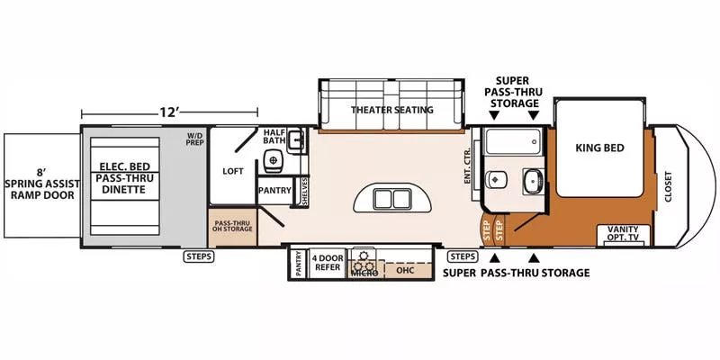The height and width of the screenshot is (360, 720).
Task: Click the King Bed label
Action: [x=599, y=147]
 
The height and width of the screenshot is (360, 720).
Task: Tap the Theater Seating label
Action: [x=392, y=110]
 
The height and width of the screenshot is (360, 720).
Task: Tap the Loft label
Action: [x=233, y=170]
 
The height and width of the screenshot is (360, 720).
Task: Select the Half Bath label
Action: [x=274, y=138]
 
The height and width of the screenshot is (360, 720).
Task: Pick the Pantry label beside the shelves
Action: [x=274, y=191]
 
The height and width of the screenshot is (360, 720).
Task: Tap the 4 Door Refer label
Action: [x=328, y=262]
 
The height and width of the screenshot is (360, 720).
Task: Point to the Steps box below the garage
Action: [x=199, y=256]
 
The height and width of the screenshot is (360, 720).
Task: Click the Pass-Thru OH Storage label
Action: [x=232, y=225]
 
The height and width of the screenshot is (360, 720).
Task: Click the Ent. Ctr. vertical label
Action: [x=468, y=167]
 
